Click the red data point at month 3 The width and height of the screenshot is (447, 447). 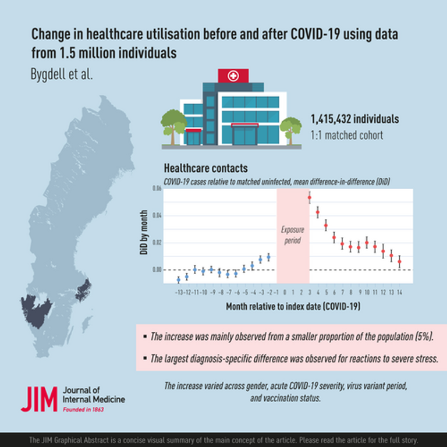coord(310,198)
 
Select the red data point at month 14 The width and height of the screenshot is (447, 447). coord(399,262)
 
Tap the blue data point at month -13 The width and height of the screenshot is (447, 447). coord(179,280)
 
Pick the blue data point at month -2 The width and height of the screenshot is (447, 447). coord(268,256)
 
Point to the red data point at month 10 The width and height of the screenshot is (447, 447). coord(367,243)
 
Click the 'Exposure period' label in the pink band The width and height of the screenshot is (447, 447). coord(292,235)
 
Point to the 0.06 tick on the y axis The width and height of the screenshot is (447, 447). coord(157,189)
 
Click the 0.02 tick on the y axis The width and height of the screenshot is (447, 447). coord(157,242)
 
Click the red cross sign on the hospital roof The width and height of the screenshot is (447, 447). coord(233,76)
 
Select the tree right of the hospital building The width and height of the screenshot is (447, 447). coord(290,126)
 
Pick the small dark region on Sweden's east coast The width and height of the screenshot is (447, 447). coord(83,290)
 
